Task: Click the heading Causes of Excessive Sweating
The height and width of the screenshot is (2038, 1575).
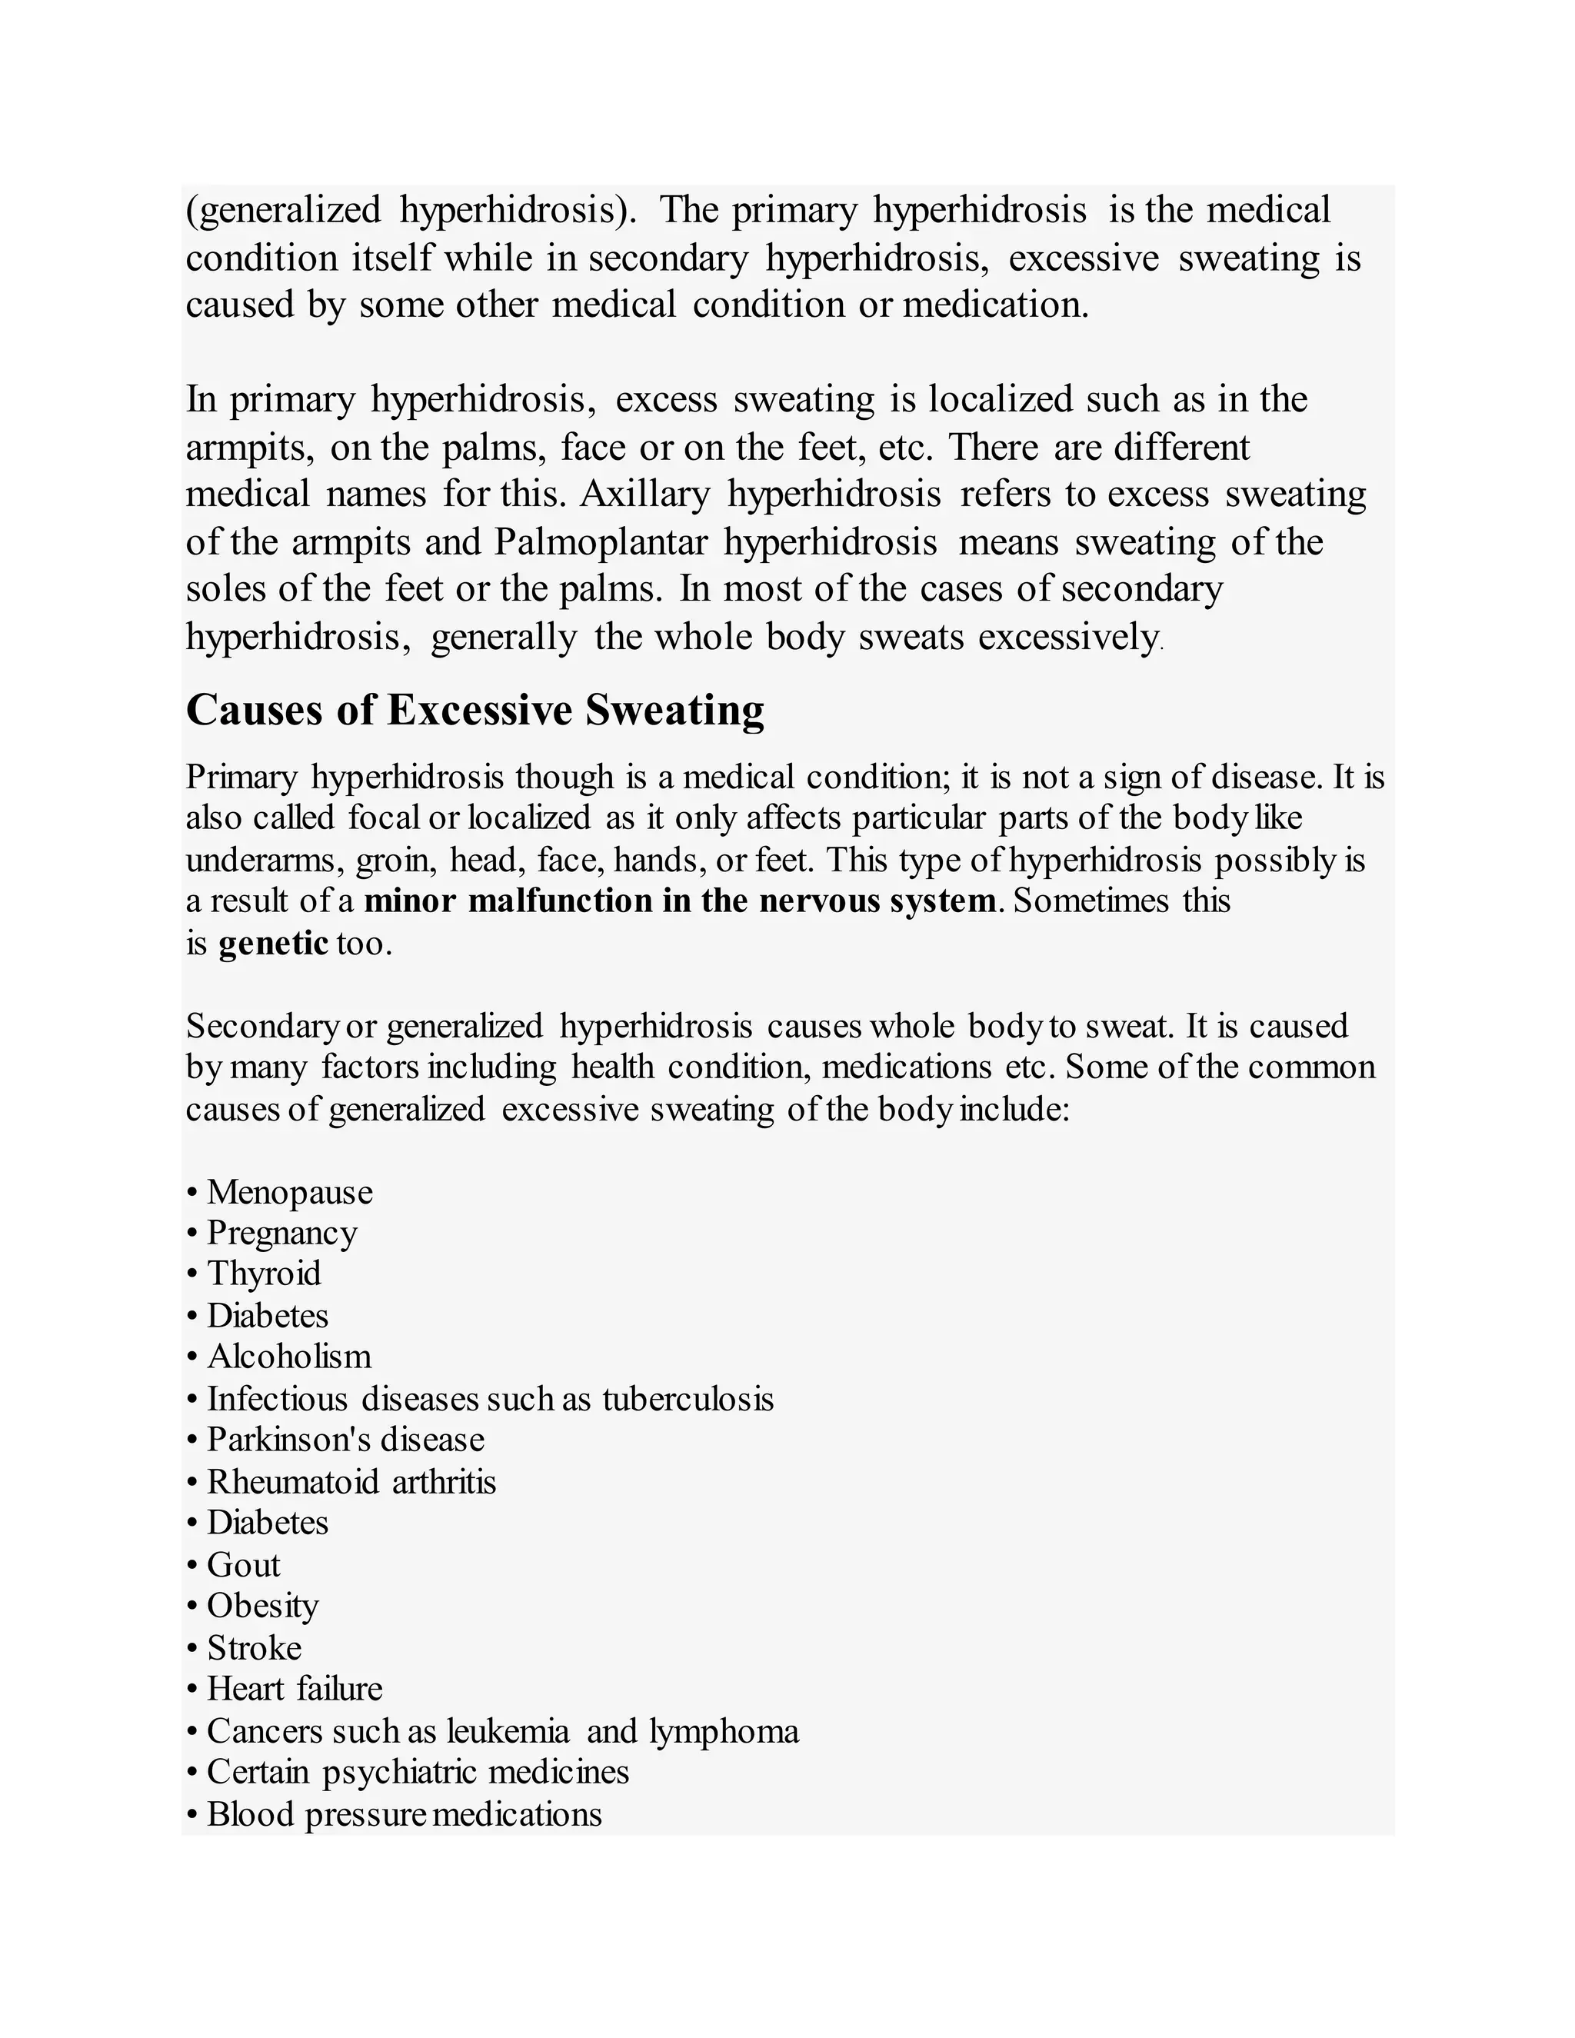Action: pyautogui.click(x=475, y=711)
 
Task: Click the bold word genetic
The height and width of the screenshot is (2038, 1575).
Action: pyautogui.click(x=273, y=944)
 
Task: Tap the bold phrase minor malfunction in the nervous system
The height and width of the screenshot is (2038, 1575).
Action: pyautogui.click(x=679, y=901)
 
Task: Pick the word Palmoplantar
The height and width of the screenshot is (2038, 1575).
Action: pyautogui.click(x=601, y=542)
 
